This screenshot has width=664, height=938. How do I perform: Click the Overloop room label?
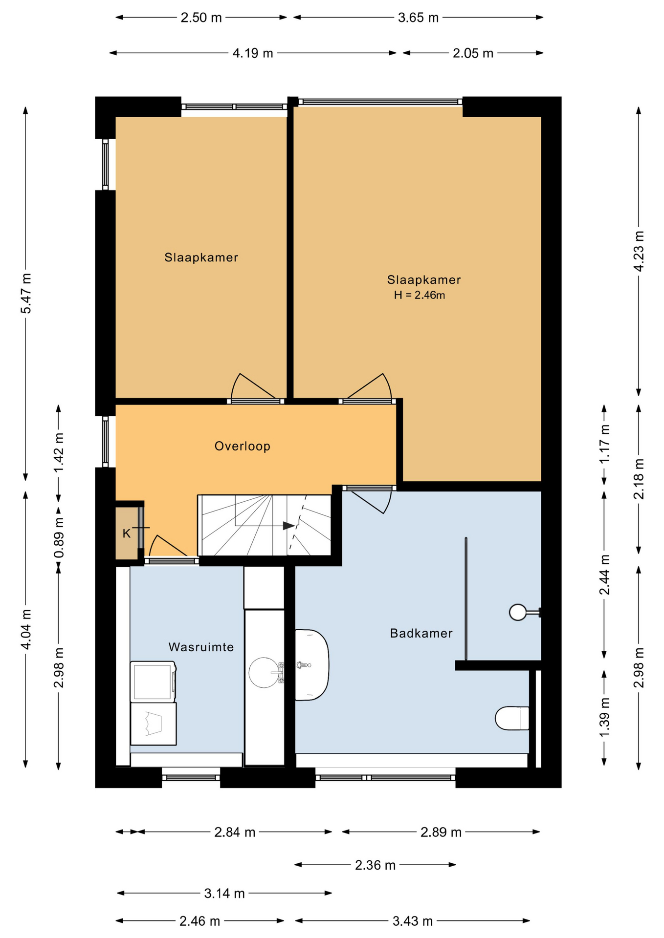pos(243,446)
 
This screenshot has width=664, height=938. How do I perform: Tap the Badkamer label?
pos(421,633)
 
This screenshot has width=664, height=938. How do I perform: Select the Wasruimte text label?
pos(201,647)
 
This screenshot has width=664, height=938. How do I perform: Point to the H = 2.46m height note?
pos(420,295)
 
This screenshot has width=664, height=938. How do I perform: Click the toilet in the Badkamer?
pos(512,718)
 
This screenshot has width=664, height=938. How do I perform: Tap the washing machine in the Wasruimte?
pos(153,682)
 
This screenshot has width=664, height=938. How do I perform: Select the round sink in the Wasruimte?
pos(265,672)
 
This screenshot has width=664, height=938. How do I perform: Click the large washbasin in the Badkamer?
pos(311,665)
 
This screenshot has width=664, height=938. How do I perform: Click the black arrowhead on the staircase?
pos(289,526)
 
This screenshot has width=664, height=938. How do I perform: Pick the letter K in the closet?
pos(127,533)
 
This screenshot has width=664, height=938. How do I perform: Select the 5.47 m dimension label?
pos(25,293)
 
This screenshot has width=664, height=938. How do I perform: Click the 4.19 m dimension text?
pos(253,53)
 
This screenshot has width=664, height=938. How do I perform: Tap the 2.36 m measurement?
pos(375,865)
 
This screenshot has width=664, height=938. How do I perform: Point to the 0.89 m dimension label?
pos(59,538)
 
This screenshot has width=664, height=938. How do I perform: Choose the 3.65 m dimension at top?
pos(418,18)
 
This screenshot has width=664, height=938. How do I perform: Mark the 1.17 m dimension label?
pos(604,444)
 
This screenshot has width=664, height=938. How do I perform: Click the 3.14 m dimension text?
pos(224,894)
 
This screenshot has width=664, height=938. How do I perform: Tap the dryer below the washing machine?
pos(153,724)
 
